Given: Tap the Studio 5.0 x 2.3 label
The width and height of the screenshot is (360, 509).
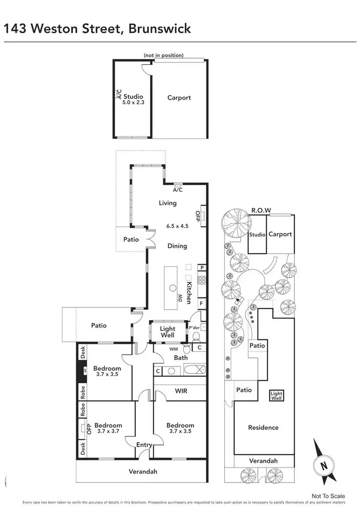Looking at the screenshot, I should pos(133,99).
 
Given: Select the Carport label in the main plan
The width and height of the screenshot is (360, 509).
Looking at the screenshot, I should pos(179,97).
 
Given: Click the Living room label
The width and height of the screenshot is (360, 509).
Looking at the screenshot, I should pos(168,203).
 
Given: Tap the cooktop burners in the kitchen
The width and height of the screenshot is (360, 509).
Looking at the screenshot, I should pos(202,281).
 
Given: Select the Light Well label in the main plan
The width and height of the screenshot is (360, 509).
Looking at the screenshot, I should pos(167,332).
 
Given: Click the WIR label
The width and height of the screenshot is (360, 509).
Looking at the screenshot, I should pos(181,391).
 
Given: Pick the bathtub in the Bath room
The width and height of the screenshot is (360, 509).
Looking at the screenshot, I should pos(194,371).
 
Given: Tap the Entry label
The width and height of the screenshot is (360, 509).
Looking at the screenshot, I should pos(144,445).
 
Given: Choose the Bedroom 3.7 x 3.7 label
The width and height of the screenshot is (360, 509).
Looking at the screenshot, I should pos(108,428).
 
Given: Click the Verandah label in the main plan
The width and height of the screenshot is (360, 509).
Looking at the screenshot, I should pos(143,472).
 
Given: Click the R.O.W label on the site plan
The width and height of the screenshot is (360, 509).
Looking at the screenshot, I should pos(261,210).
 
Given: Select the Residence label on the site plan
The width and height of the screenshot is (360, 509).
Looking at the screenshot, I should pos(263,427).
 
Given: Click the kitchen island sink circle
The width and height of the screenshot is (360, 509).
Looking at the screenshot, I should pos(172,288).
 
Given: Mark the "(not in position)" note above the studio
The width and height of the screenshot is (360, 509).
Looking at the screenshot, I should pos(163,55).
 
